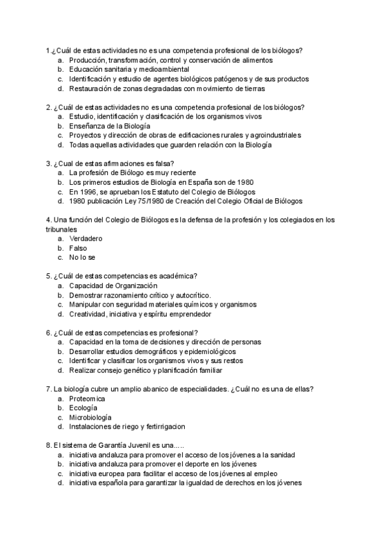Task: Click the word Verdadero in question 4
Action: tap(86, 239)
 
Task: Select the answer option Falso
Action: tap(78, 248)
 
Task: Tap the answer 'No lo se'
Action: tap(82, 257)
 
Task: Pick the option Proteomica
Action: tap(87, 398)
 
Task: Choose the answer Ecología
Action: tap(83, 407)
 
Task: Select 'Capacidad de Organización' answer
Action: tap(113, 285)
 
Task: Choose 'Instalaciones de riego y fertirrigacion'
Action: tap(127, 427)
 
